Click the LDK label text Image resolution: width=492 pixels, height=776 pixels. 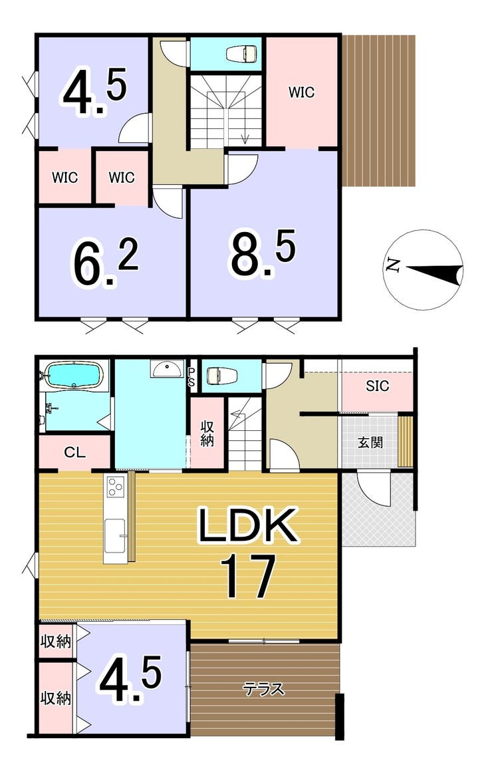point(249,525)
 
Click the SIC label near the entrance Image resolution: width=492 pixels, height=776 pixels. point(377,386)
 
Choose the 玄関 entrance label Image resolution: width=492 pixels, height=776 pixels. point(370,442)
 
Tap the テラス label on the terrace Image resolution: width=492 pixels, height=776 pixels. point(264,689)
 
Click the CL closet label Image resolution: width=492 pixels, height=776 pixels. point(75,452)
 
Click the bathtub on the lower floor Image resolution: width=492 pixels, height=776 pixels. point(74,375)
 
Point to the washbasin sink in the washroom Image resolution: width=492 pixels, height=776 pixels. point(167,368)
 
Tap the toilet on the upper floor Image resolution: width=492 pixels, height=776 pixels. point(241,53)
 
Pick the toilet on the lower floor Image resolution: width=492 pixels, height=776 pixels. point(221,375)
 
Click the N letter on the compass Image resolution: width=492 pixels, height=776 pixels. point(392,266)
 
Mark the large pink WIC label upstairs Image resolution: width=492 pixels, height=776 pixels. point(301,92)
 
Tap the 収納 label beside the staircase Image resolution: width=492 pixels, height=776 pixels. point(207,434)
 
